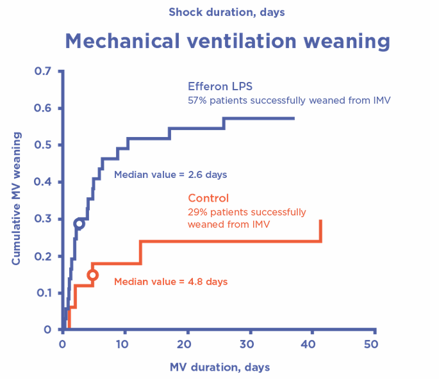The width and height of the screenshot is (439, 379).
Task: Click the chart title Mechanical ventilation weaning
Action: point(227,41)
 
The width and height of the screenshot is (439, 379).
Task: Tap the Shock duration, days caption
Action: point(227,12)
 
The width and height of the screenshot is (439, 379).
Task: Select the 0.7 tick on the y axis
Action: point(43,71)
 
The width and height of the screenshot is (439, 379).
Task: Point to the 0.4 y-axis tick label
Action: point(43,182)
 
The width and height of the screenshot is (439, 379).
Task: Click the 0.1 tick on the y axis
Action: point(43,293)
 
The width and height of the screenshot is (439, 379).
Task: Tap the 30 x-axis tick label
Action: point(251,344)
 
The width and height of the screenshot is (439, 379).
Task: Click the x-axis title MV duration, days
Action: point(220,367)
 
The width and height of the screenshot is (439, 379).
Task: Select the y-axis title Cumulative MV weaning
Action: point(17,199)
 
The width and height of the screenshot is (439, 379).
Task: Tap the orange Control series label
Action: point(208,198)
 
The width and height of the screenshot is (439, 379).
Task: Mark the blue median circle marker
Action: point(79,223)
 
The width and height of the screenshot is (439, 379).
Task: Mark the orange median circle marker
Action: point(92,275)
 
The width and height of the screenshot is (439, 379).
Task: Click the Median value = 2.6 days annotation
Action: point(170,174)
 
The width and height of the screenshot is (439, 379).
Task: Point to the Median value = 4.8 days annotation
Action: point(170,281)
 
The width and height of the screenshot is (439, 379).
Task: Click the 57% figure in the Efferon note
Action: point(195,101)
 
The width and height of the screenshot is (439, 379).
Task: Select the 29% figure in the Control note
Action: point(197,212)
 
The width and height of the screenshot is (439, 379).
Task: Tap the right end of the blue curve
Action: point(294,118)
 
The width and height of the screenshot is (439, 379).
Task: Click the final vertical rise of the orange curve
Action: point(320,230)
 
